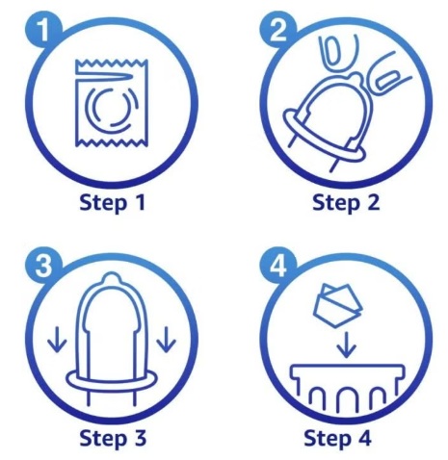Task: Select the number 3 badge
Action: coord(41,263)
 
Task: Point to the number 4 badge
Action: coord(276,263)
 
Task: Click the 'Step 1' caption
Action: coord(113,203)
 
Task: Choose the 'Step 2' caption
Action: coord(346,203)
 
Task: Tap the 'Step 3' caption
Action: coord(113,439)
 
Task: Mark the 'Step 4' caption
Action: coord(346,439)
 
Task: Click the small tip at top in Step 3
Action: coord(112,282)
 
